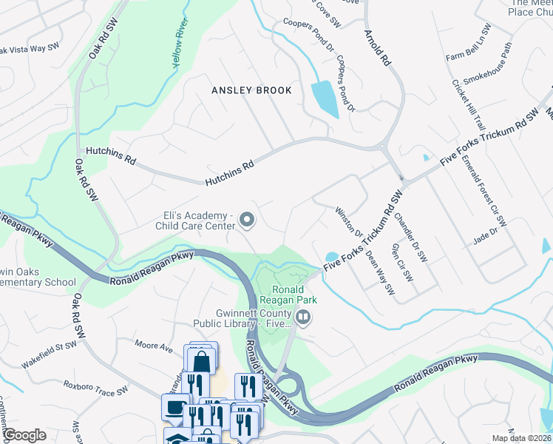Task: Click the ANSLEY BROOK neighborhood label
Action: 251,90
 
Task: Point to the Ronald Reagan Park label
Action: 294,295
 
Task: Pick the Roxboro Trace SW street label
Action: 95,387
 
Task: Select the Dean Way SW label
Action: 380,272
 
